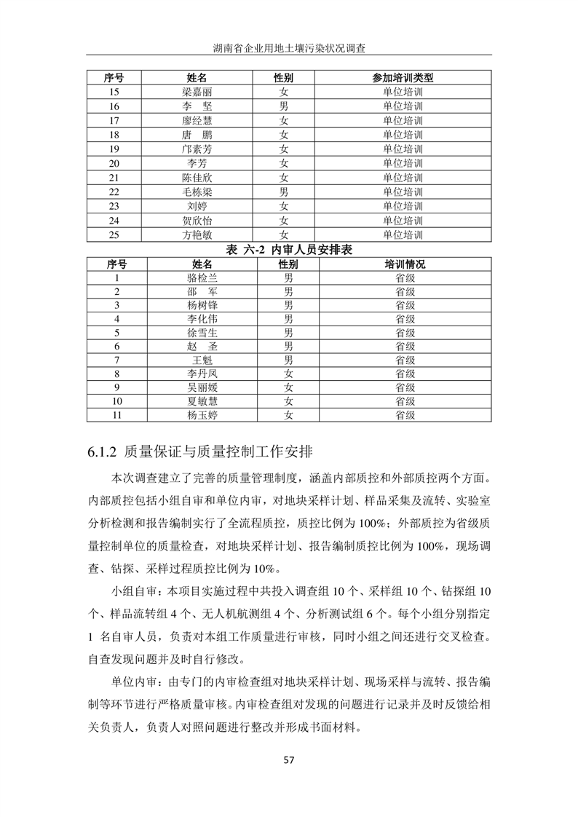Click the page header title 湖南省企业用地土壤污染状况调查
coord(289,48)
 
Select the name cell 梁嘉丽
coord(197,92)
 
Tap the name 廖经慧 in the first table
coord(197,121)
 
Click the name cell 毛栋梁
coord(197,192)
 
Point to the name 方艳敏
coord(197,235)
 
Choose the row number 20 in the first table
coord(114,164)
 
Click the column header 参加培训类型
coord(403,78)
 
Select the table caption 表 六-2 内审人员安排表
coord(289,250)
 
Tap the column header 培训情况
coord(405,264)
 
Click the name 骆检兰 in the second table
coord(202,278)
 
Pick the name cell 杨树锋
coord(202,306)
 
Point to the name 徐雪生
coord(202,333)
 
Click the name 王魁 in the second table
coord(202,360)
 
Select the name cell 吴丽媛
coord(202,387)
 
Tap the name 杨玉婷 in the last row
coord(202,415)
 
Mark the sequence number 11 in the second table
coord(116,415)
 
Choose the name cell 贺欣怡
coord(197,221)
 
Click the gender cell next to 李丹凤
coord(288,374)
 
